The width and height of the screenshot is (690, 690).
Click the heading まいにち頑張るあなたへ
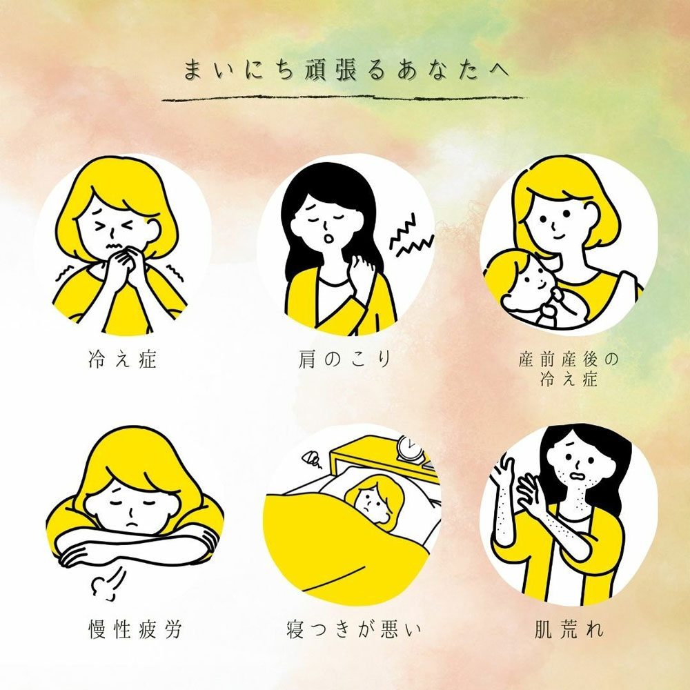tap(347, 70)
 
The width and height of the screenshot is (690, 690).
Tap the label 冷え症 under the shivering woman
tap(122, 359)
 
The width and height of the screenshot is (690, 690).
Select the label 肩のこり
tap(344, 359)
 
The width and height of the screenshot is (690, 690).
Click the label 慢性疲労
tap(135, 629)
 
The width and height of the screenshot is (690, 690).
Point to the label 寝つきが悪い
tap(353, 629)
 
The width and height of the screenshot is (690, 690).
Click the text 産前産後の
tap(568, 359)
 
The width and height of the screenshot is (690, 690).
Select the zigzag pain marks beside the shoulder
tap(411, 236)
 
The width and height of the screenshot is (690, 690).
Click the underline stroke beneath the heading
tap(344, 99)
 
